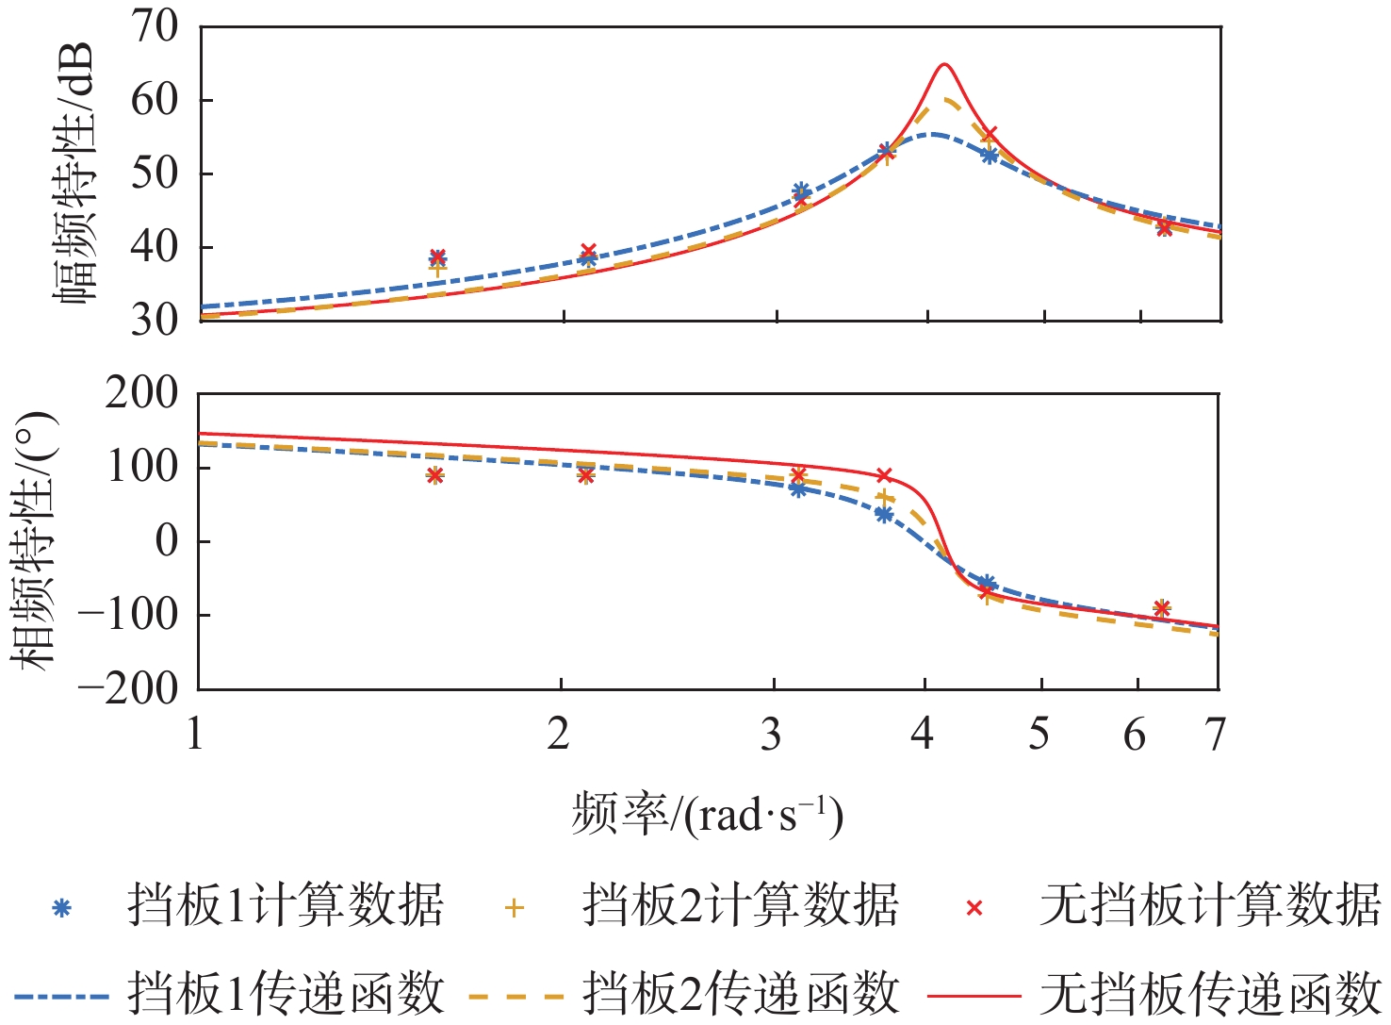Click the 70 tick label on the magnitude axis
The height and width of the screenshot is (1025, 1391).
coord(155,26)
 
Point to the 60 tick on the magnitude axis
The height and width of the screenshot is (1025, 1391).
coord(155,100)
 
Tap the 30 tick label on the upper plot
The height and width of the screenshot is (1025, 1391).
coord(155,321)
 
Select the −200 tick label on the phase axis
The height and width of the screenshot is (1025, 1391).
coord(128,689)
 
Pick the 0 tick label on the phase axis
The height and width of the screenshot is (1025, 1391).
coord(167,540)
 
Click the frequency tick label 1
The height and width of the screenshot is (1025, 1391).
coord(195,734)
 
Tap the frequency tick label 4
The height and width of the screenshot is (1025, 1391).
coord(923,734)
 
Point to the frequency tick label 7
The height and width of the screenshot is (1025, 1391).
coord(1216,734)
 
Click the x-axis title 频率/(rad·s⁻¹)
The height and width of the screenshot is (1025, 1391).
coord(707,814)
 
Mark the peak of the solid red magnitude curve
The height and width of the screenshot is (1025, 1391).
coord(943,64)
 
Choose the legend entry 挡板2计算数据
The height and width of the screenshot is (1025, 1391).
coord(740,906)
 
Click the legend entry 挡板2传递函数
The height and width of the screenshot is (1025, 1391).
coord(740,994)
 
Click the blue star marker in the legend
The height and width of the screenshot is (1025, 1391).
coord(61,908)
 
